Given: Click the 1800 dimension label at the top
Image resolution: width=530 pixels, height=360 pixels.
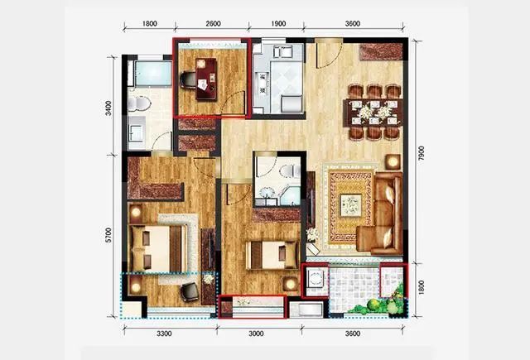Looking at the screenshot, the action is point(149,24).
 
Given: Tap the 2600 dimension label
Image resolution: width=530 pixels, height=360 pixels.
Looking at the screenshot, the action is point(213,24).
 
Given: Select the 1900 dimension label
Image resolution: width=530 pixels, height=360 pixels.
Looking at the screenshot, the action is point(278,24).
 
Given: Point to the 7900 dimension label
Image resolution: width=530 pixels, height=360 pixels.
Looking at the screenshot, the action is point(421,153).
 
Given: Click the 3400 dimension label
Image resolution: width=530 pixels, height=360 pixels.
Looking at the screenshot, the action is point(108,108).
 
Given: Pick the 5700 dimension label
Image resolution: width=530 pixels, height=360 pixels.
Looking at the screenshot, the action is point(108,235).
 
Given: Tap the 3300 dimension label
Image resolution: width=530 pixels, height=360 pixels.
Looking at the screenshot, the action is point(164,334).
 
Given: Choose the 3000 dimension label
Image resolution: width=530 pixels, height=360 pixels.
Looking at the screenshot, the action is point(256,334).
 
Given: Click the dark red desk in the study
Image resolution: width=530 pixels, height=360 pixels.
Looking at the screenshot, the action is point(206,79).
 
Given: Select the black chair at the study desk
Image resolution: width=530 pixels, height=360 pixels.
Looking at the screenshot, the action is point(188,80).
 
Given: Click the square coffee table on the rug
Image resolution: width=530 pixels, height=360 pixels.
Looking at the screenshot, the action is point(350,205).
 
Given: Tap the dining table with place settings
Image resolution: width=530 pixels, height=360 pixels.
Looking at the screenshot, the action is point(373,113).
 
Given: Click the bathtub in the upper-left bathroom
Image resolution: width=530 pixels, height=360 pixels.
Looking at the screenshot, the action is point(153,74).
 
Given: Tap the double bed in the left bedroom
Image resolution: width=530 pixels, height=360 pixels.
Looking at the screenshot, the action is point(158,248).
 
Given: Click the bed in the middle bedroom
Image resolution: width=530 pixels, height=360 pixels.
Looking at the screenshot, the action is point(272,255).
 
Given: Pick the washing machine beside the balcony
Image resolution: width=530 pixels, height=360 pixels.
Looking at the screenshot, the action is point(316,279).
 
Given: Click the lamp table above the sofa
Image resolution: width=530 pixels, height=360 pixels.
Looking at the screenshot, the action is point(393,162).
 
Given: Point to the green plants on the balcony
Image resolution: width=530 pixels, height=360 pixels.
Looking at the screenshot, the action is point(382,303).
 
